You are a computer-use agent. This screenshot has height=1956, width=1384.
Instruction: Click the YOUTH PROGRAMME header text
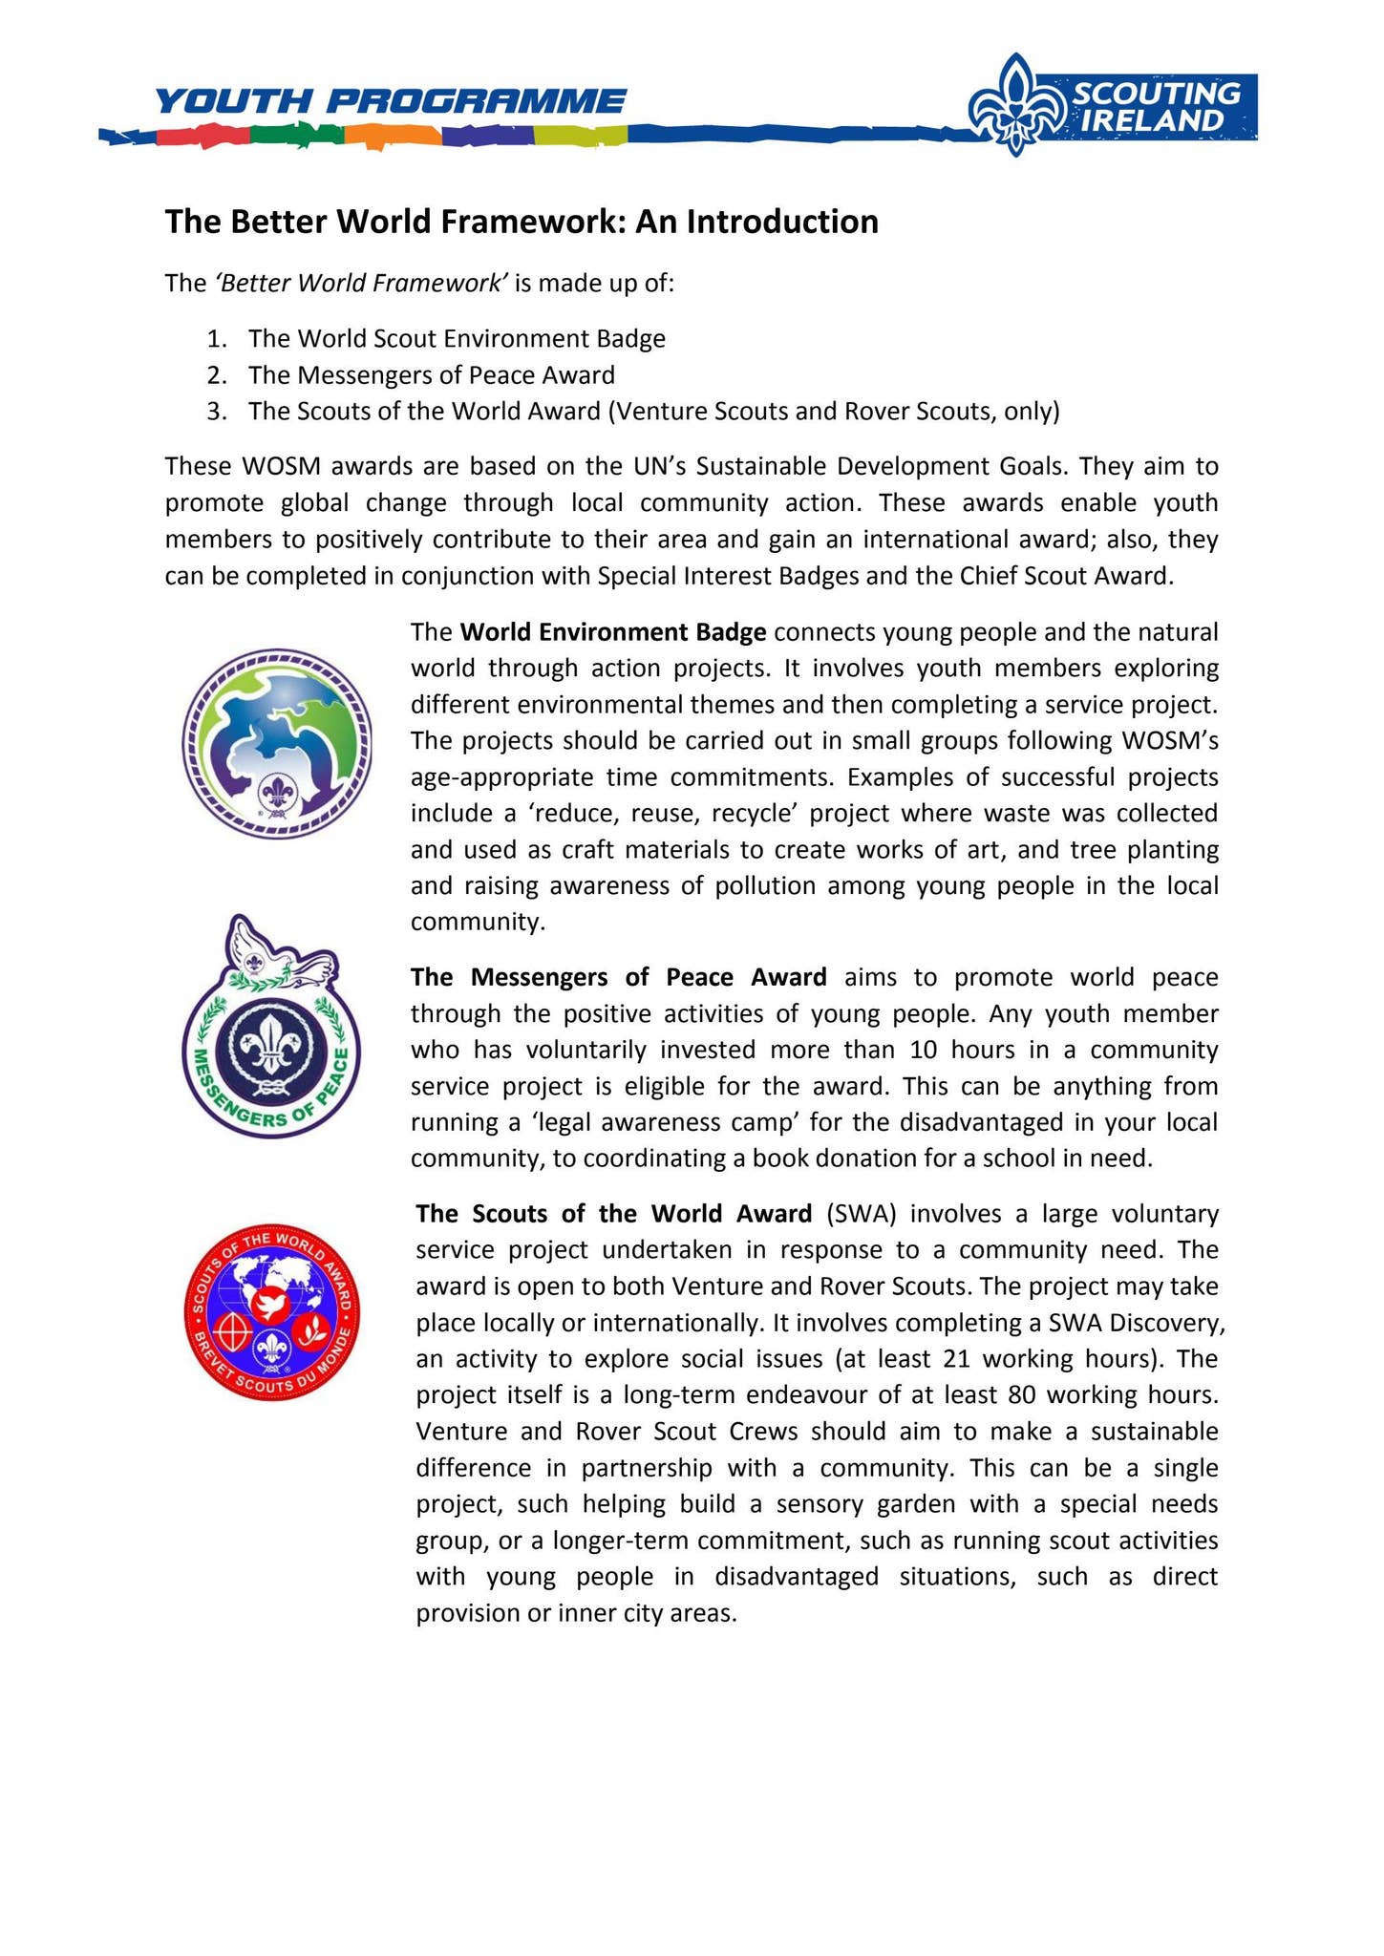390,100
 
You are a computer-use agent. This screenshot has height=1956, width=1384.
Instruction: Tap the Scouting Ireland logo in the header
1113,105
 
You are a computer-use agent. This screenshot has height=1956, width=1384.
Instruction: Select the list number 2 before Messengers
216,374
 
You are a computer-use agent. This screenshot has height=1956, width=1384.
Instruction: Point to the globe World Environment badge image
277,743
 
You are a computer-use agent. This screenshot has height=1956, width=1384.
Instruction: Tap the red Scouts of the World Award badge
272,1312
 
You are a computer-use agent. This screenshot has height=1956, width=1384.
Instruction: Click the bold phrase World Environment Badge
613,632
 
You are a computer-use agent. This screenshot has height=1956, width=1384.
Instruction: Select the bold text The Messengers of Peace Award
618,977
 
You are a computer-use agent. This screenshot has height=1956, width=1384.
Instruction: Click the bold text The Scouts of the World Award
614,1213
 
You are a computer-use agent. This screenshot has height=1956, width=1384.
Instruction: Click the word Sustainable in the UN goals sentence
764,466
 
